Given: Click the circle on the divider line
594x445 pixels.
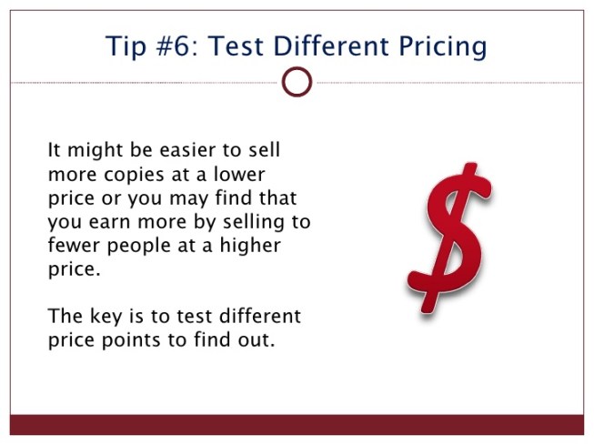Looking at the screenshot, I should coord(297,82).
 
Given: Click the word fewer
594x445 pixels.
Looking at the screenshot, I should coord(74,247).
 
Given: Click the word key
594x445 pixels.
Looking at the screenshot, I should coord(100,317).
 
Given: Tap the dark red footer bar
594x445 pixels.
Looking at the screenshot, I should coord(297,424).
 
